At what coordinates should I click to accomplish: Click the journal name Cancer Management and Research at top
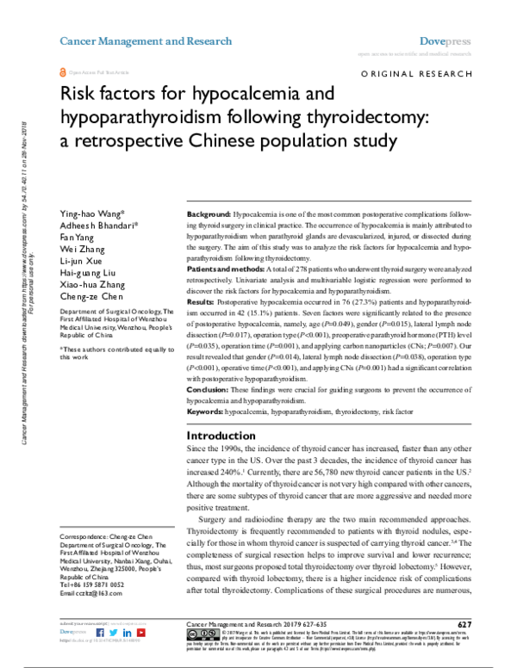pos(145,40)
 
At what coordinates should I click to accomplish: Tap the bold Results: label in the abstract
pos(203,303)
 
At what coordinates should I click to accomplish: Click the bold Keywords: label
pos(206,412)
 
